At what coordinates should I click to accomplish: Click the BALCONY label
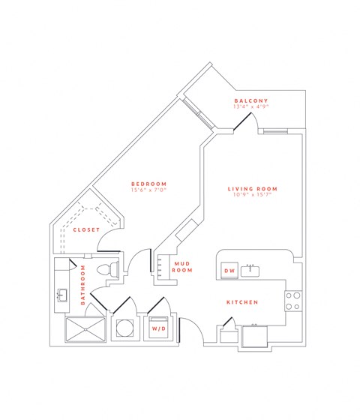(250, 100)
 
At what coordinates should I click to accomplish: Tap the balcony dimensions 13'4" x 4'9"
(250, 107)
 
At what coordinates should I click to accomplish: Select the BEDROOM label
(148, 184)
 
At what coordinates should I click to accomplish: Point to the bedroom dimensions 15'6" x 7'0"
(148, 190)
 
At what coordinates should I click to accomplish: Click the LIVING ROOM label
(253, 188)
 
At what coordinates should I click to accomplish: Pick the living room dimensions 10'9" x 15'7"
(253, 195)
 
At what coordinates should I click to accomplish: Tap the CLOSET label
(86, 229)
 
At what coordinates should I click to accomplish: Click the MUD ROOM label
(182, 266)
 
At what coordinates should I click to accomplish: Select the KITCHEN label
(243, 302)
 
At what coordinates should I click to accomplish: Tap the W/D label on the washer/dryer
(159, 328)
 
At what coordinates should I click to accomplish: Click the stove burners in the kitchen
(292, 301)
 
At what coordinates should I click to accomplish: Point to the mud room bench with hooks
(160, 268)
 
